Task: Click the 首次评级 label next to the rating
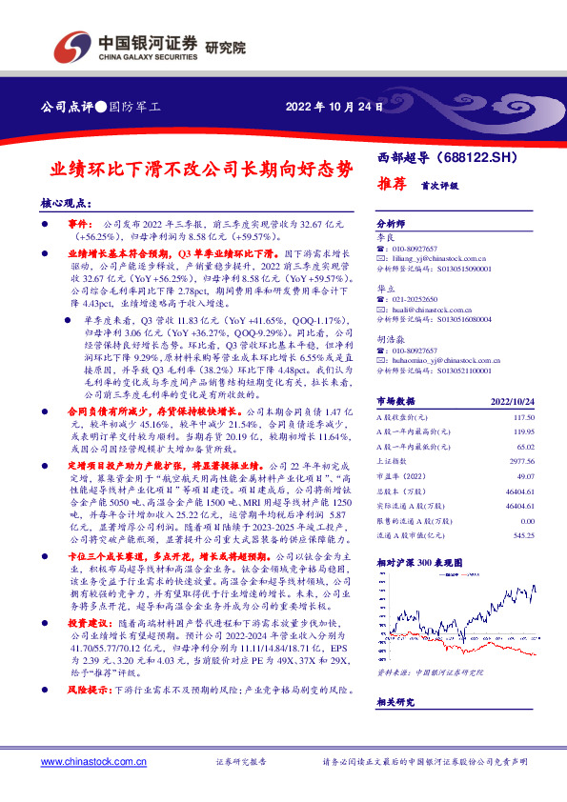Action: point(430,183)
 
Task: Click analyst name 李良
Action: point(384,234)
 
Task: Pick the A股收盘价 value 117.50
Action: point(525,444)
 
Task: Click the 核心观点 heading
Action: point(66,202)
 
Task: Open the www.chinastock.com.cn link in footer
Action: point(92,762)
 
